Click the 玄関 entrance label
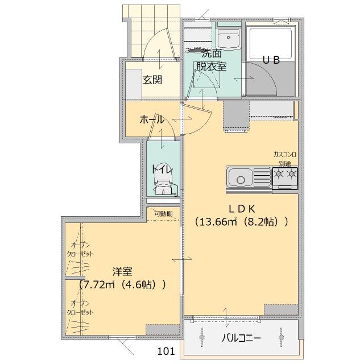152,80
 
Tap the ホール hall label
152,120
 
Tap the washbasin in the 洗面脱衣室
229,39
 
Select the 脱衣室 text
211,66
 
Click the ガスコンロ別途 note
285,159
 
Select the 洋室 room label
122,271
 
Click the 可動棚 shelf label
162,214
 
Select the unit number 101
166,351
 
